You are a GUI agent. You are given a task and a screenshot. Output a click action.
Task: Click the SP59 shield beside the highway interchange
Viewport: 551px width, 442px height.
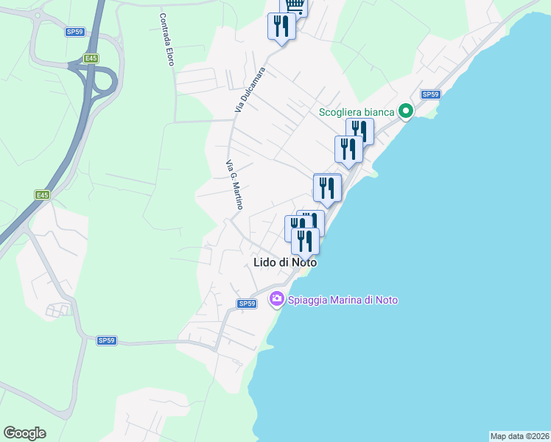(74, 32)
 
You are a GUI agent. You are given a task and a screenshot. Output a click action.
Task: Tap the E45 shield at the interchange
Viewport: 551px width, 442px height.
(91, 58)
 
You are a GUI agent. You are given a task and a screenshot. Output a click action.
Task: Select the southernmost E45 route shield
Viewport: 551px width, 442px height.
(42, 195)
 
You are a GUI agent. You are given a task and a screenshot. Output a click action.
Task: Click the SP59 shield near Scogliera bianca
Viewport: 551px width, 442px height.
(431, 94)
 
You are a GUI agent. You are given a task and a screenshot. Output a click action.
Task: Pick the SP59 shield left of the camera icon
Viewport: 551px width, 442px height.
(246, 304)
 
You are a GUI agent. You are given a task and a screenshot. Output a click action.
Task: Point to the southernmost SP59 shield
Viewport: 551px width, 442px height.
(107, 340)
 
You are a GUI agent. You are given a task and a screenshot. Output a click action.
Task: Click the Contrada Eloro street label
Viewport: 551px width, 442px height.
(166, 39)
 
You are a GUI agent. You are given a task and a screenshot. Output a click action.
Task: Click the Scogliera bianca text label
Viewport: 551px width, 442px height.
(357, 113)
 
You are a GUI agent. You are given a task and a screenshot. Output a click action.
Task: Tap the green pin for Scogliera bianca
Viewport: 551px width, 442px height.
(405, 112)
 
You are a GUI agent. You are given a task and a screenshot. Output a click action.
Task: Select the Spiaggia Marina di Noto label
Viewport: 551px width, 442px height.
(343, 300)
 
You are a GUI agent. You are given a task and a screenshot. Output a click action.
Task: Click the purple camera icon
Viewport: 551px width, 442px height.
(277, 299)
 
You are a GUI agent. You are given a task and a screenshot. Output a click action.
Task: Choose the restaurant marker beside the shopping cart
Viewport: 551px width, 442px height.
(281, 27)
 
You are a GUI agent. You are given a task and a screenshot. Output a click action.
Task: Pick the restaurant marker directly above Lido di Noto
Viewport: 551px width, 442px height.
(304, 241)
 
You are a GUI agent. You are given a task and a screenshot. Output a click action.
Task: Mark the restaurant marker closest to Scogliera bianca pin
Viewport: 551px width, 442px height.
(359, 132)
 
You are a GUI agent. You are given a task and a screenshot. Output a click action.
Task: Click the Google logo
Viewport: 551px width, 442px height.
(24, 433)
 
